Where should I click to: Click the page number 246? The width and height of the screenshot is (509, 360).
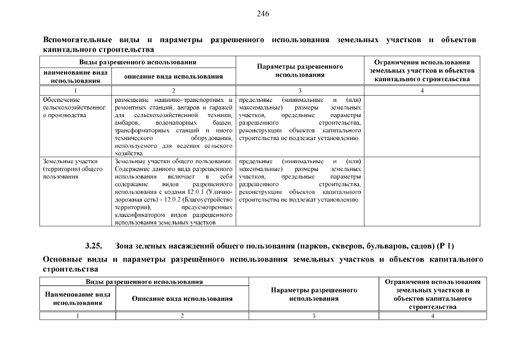(x=263, y=14)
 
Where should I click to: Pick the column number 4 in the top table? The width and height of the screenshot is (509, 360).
(x=422, y=90)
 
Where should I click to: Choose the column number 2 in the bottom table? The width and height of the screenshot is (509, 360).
(x=182, y=316)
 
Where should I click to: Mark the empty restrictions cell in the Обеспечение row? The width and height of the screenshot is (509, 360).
(x=422, y=124)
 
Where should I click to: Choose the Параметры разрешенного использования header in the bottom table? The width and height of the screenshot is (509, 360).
(x=314, y=294)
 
